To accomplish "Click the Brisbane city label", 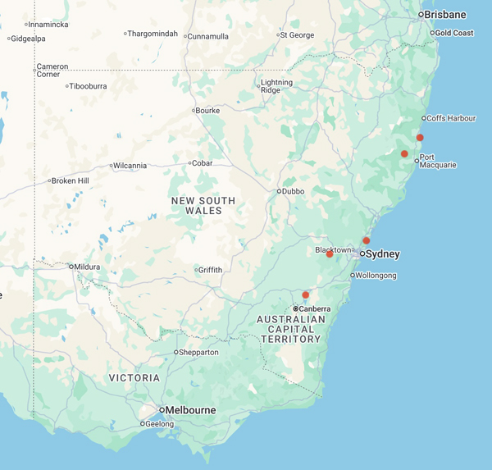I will pyautogui.click(x=445, y=15).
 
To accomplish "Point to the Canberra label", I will pyautogui.click(x=316, y=308).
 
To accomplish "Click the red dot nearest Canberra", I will pyautogui.click(x=305, y=295).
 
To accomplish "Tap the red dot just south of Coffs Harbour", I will pyautogui.click(x=420, y=138).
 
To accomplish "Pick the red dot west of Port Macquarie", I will pyautogui.click(x=404, y=154).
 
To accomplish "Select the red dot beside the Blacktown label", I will pyautogui.click(x=330, y=254).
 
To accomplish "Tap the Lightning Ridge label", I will pyautogui.click(x=276, y=86).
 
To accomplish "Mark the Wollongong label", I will pyautogui.click(x=376, y=276).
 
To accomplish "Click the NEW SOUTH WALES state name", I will pyautogui.click(x=203, y=206).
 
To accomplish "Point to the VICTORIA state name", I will pyautogui.click(x=134, y=378).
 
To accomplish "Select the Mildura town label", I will pyautogui.click(x=87, y=267).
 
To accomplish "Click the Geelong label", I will pyautogui.click(x=161, y=424).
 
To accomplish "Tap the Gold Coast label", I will pyautogui.click(x=454, y=33).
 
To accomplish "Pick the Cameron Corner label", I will pyautogui.click(x=52, y=71).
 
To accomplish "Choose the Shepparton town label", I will pyautogui.click(x=199, y=352).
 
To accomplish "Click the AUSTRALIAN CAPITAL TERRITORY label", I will pyautogui.click(x=291, y=329).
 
